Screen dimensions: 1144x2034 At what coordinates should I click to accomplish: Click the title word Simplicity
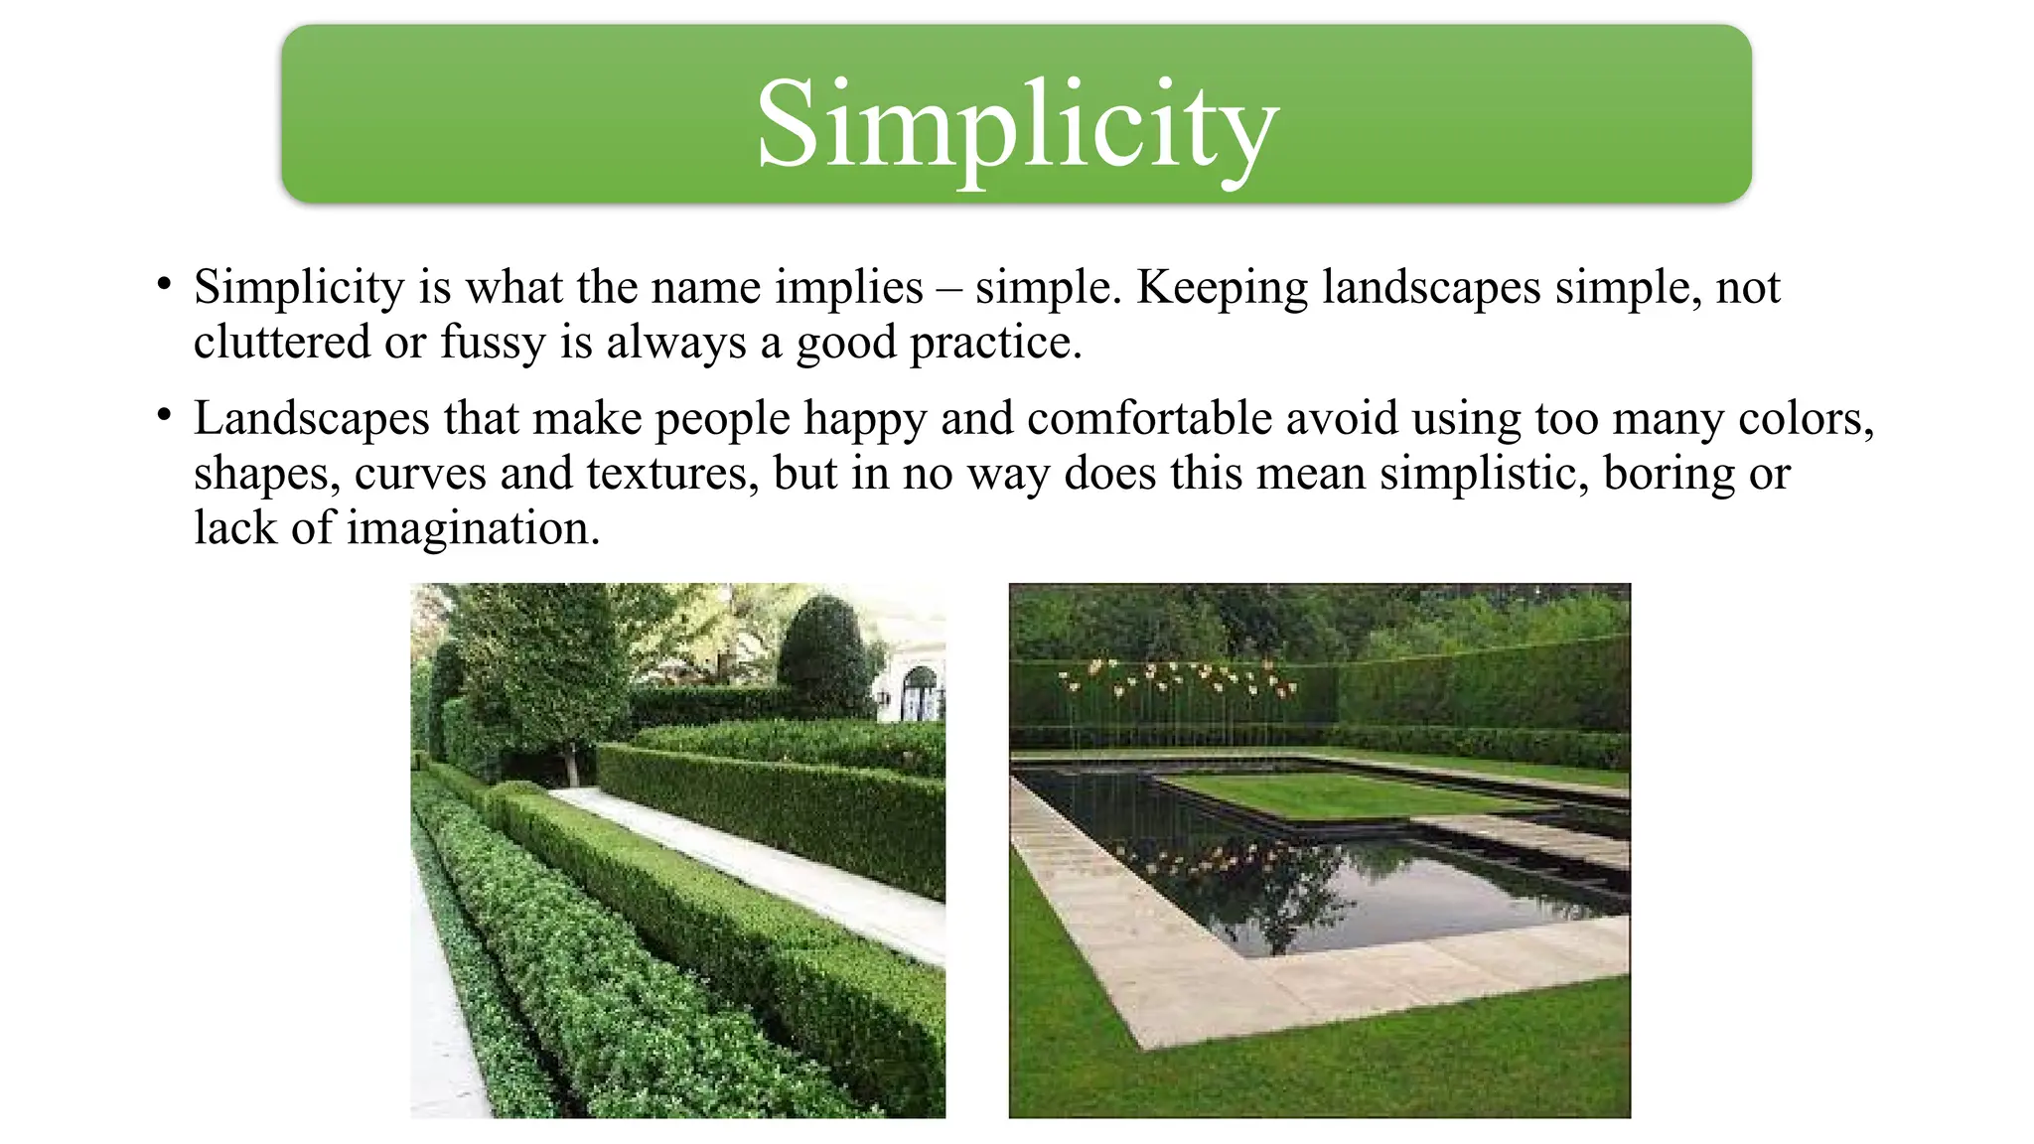(x=1017, y=125)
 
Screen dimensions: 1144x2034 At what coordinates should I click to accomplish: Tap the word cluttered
(x=282, y=343)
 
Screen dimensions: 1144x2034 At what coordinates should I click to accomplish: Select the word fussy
(x=493, y=343)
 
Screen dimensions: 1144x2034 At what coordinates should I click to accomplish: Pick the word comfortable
(x=1149, y=419)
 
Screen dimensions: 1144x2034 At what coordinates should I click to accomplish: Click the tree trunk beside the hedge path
(x=571, y=765)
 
